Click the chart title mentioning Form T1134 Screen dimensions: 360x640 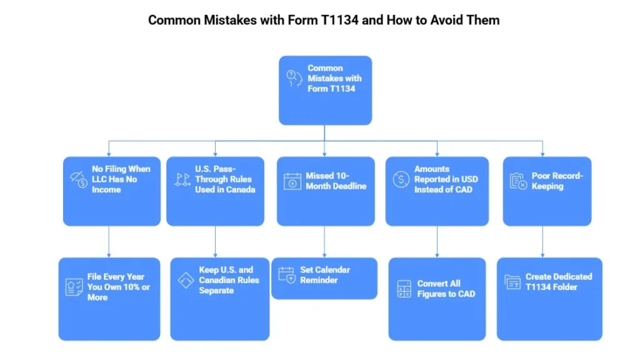[324, 20]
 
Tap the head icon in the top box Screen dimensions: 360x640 [293, 78]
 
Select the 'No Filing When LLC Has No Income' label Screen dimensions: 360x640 [121, 179]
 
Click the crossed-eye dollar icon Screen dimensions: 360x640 [78, 179]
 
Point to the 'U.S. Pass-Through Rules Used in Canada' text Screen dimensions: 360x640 [225, 179]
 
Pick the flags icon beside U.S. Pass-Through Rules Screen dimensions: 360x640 [182, 180]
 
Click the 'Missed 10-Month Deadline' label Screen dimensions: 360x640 [336, 181]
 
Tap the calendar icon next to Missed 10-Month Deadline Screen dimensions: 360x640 [292, 181]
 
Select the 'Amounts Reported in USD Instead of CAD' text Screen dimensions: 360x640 [446, 179]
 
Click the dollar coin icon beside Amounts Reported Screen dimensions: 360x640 [401, 179]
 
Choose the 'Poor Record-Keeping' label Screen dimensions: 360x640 [557, 181]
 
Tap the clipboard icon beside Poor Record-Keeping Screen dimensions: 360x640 [518, 181]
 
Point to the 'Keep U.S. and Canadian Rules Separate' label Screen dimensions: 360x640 [229, 280]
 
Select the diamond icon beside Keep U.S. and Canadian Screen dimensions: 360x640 [186, 280]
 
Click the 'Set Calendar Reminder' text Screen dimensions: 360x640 [325, 275]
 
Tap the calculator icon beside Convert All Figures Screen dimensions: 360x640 [404, 289]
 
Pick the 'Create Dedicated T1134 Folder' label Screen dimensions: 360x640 [559, 281]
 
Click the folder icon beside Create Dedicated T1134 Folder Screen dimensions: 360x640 [512, 282]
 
